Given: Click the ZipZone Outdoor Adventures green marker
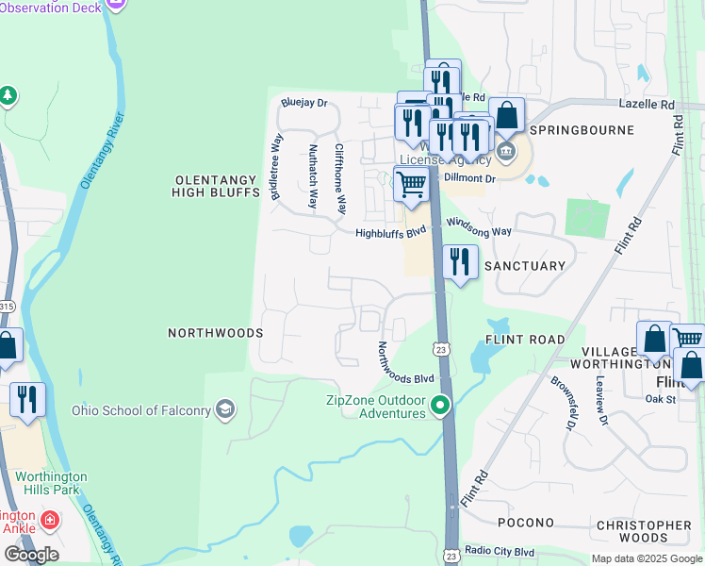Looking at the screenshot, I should (439, 406).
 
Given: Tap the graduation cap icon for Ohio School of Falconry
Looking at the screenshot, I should (224, 409).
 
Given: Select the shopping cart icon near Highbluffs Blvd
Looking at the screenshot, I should (411, 184).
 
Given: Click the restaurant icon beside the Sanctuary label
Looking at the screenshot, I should (460, 261).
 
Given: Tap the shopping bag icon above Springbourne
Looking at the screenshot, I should (506, 116).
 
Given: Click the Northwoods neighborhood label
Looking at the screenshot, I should (215, 333).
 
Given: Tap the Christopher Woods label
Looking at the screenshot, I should (644, 531).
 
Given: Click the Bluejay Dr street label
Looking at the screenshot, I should (303, 103).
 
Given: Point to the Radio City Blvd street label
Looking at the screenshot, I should (500, 552).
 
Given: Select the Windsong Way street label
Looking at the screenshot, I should (478, 226).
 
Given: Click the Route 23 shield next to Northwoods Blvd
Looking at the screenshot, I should (441, 349).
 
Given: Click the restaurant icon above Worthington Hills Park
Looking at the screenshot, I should (27, 398).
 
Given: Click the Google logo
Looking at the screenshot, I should (31, 554).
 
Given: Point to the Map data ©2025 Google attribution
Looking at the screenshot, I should (646, 558).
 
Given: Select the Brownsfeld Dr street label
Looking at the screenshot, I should (562, 406).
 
